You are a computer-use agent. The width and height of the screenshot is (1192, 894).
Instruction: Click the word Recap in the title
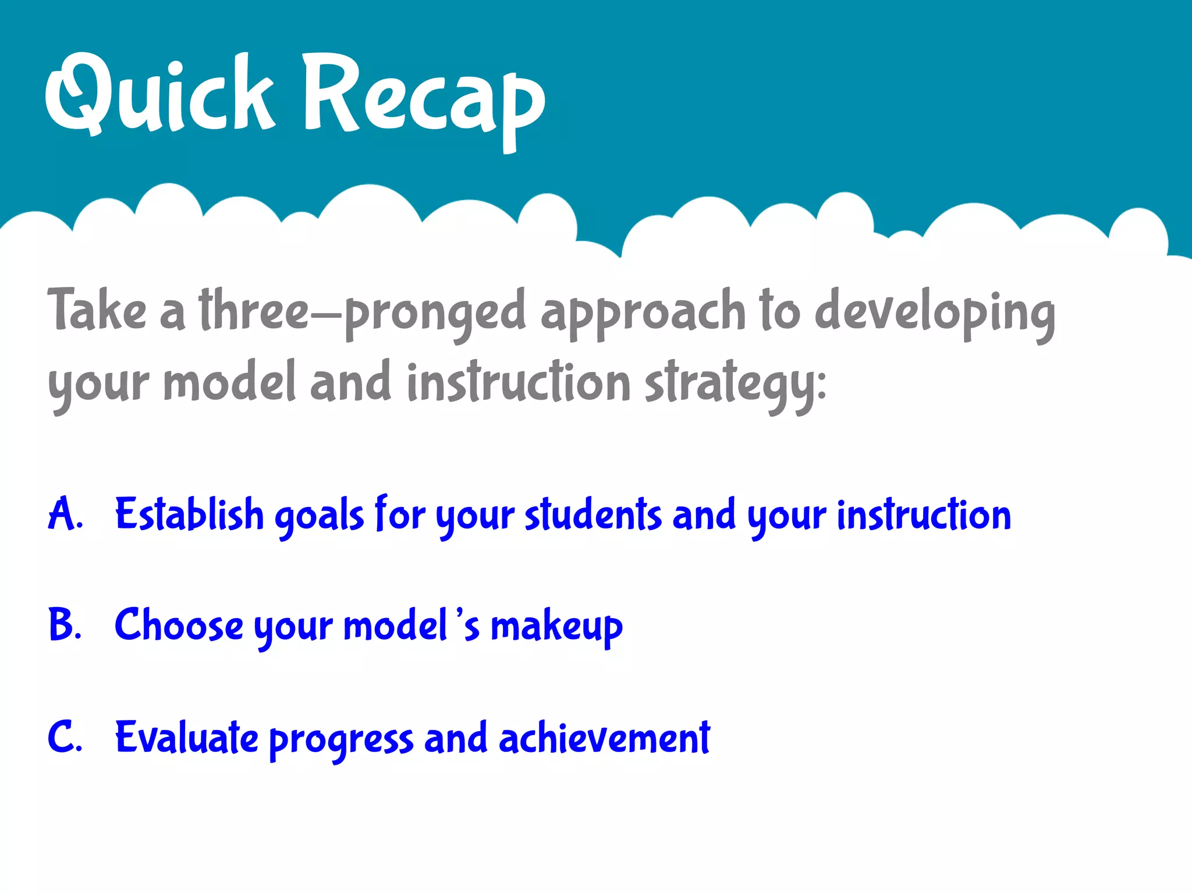424,96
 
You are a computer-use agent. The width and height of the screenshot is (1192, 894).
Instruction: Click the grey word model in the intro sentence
229,382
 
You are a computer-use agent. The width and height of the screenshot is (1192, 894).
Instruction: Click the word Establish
190,515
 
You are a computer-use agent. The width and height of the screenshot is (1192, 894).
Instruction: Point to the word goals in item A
319,517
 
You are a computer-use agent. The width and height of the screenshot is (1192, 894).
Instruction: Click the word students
593,515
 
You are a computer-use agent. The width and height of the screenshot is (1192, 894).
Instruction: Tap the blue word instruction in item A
924,515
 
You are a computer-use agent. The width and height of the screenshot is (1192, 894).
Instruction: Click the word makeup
556,627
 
